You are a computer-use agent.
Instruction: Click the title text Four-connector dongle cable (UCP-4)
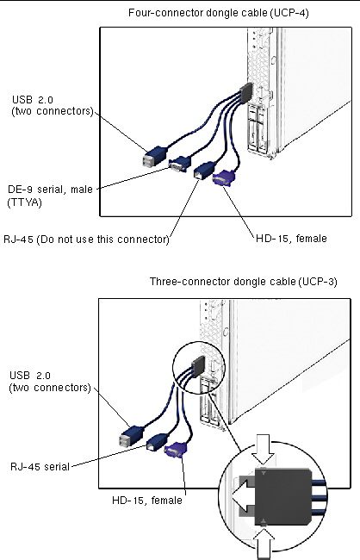[x=219, y=13]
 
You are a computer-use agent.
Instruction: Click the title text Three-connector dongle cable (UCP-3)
[x=243, y=282]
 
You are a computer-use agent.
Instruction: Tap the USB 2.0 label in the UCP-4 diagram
[x=53, y=105]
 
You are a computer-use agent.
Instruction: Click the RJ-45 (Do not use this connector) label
[x=86, y=239]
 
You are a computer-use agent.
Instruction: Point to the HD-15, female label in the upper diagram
[x=291, y=238]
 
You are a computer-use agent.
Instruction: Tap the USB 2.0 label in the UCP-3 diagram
[x=50, y=382]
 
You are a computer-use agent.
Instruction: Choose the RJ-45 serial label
[x=40, y=466]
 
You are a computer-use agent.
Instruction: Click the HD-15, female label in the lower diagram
[x=147, y=500]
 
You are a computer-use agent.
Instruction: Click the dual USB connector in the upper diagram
[x=154, y=157]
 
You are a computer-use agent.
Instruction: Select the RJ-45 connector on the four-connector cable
[x=204, y=171]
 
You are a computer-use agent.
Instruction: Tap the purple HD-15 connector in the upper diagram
[x=224, y=177]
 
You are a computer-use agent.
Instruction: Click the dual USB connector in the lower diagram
[x=132, y=436]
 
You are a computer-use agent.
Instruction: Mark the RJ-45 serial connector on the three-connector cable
[x=157, y=442]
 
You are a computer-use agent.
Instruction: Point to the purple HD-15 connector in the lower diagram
[x=176, y=450]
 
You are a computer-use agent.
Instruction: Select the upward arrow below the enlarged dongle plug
[x=265, y=544]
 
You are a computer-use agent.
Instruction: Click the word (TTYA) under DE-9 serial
[x=25, y=202]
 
